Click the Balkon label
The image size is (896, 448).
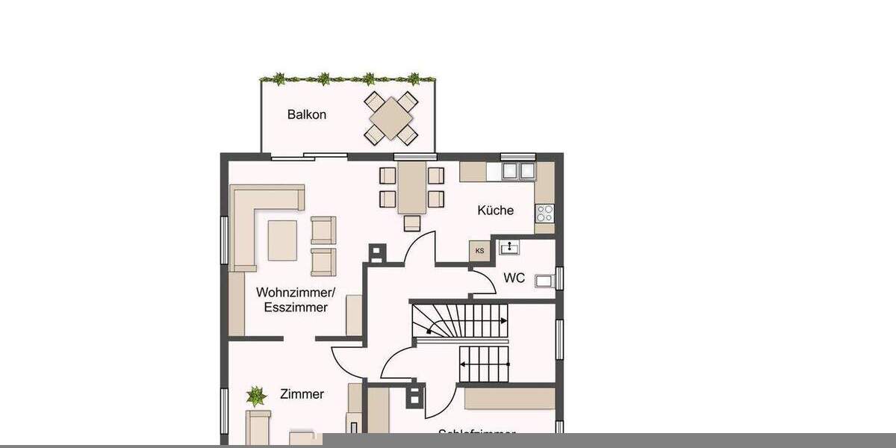point(307,115)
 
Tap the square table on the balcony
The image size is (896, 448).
point(391,117)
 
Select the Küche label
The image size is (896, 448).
point(496,211)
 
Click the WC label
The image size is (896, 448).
point(514,279)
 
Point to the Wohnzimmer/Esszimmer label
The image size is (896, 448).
point(292,299)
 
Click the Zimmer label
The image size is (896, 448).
point(302,394)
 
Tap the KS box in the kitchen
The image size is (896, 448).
point(479,251)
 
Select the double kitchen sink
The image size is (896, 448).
point(517,171)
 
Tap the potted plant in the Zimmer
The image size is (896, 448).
point(256,395)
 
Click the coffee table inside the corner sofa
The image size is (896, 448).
point(283,239)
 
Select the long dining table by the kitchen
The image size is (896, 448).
point(411,187)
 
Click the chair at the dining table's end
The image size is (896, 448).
point(412,223)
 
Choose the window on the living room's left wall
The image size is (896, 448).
point(223,240)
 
